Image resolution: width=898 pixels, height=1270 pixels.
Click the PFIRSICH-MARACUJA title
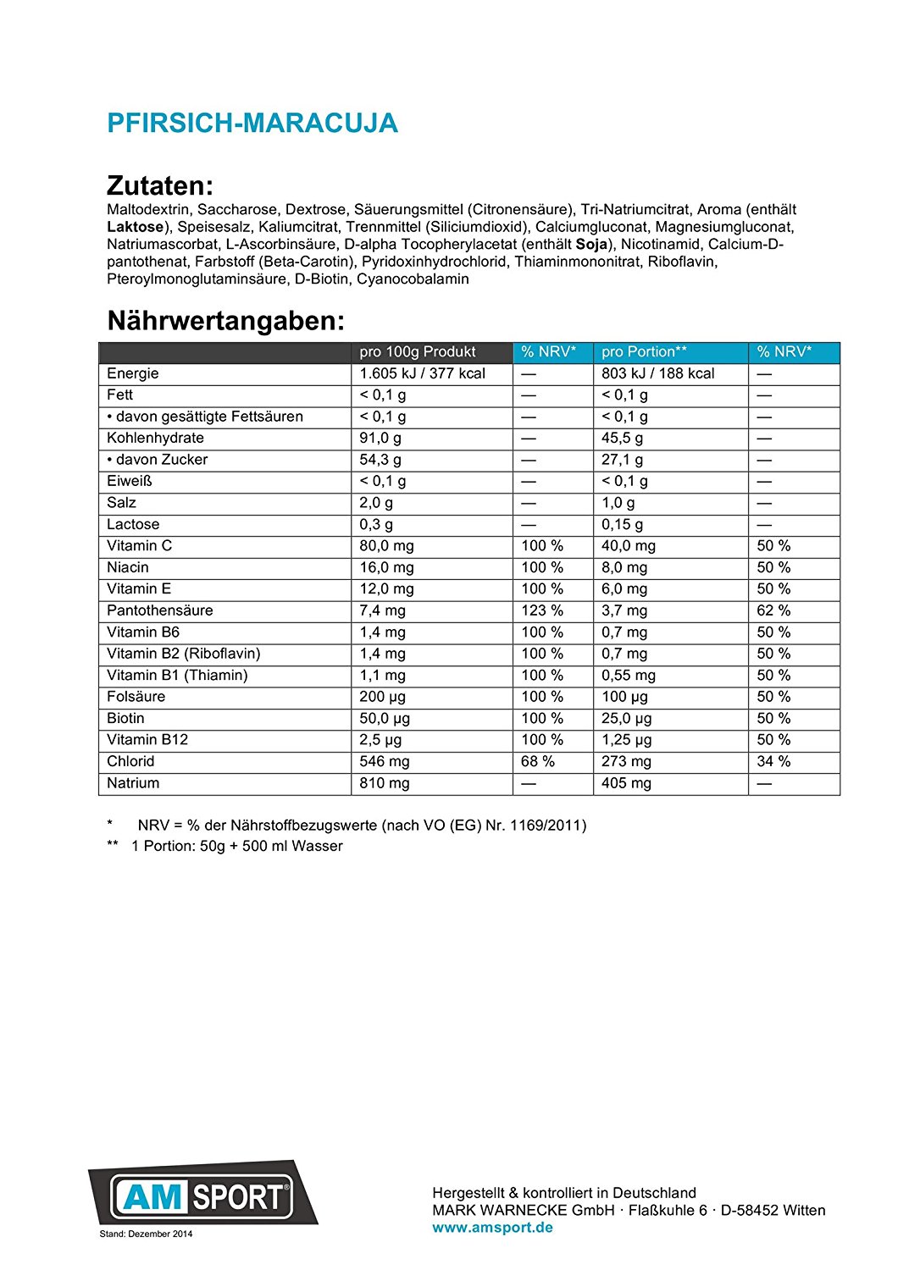coord(252,124)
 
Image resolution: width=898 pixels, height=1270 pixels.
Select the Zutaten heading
coord(160,185)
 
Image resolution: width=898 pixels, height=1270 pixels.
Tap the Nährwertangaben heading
coord(226,321)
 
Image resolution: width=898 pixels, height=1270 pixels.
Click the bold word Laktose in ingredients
coord(135,227)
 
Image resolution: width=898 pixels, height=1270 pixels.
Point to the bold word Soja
coord(591,245)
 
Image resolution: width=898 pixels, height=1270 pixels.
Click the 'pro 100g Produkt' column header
coord(418,352)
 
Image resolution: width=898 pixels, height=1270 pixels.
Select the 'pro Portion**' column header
coord(644,352)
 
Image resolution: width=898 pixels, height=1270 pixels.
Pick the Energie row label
coord(133,373)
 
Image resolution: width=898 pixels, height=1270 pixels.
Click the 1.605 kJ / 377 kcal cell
coord(422,373)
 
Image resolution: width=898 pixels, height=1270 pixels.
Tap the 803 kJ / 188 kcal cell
coord(657,373)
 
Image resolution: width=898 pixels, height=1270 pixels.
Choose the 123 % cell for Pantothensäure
coord(542,610)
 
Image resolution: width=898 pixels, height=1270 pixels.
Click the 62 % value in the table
coord(773,610)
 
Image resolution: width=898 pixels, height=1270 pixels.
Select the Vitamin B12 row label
coord(147,739)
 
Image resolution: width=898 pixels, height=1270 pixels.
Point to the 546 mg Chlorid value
coord(384,761)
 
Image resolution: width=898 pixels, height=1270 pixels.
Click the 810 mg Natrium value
coord(384,783)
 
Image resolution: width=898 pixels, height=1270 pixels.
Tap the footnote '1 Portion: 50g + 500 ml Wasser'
coord(236,846)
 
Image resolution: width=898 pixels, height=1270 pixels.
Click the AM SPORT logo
coord(202,1195)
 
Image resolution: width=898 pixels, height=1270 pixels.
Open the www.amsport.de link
coord(492,1228)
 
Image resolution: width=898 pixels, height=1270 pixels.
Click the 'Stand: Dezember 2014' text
coord(146,1234)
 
